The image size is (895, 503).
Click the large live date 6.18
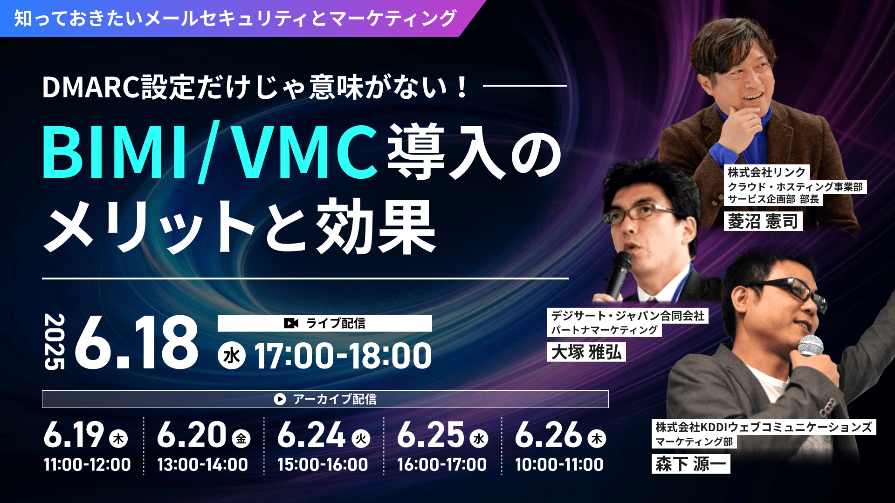pyautogui.click(x=137, y=343)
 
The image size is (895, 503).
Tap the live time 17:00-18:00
pyautogui.click(x=343, y=356)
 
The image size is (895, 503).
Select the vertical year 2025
pyautogui.click(x=54, y=342)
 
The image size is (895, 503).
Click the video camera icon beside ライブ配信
pyautogui.click(x=291, y=323)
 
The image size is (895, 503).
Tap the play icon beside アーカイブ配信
pyautogui.click(x=280, y=399)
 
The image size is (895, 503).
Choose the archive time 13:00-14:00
pyautogui.click(x=202, y=465)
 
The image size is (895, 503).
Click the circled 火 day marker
pyautogui.click(x=361, y=438)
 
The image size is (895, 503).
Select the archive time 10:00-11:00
pyautogui.click(x=559, y=465)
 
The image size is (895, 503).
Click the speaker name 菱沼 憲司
pyautogui.click(x=763, y=221)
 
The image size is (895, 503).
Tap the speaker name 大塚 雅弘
pyautogui.click(x=586, y=352)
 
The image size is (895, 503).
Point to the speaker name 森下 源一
pyautogui.click(x=691, y=464)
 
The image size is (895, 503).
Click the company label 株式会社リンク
pyautogui.click(x=767, y=172)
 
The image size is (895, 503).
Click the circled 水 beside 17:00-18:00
pyautogui.click(x=232, y=356)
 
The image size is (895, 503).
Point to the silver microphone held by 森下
pyautogui.click(x=811, y=347)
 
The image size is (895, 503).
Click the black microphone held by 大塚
pyautogui.click(x=618, y=275)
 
